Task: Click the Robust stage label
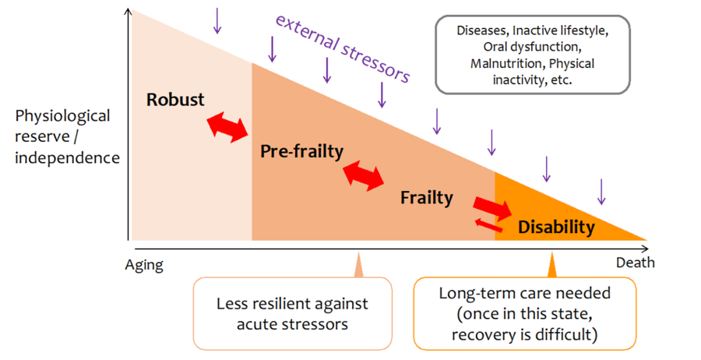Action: click(175, 100)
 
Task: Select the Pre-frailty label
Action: click(301, 151)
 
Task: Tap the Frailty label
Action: click(426, 197)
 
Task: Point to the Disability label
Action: click(556, 227)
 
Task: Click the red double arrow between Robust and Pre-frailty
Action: click(227, 126)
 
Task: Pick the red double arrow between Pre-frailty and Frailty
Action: click(365, 174)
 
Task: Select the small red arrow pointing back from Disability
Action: click(489, 225)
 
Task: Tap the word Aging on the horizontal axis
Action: click(144, 265)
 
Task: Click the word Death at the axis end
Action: click(635, 263)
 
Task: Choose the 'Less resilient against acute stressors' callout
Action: click(293, 312)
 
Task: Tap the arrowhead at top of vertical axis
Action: click(127, 12)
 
